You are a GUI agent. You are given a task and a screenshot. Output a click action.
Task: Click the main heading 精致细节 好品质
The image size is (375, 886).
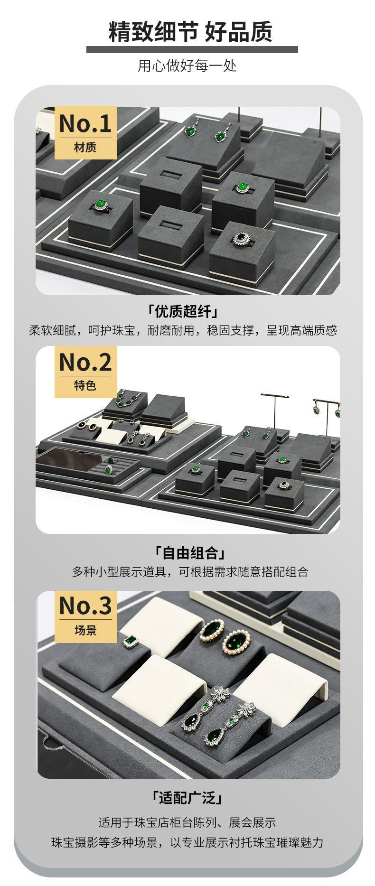pos(190,32)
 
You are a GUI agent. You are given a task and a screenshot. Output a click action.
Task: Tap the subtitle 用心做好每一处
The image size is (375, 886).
pos(187,65)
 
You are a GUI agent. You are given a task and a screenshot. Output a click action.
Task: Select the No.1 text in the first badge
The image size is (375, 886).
pos(85,123)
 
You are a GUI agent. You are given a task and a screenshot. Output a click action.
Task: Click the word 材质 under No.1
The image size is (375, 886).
pos(85,148)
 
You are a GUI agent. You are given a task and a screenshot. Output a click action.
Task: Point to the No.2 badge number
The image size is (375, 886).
pos(85,362)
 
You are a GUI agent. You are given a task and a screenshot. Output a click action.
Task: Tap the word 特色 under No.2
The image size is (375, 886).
pos(85,385)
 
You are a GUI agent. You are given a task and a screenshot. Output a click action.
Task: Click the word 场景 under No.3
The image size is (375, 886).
pos(85,630)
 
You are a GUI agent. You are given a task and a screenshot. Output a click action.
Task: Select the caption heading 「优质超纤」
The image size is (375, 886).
pos(183,311)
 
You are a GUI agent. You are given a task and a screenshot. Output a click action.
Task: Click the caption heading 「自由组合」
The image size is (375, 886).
pos(190,553)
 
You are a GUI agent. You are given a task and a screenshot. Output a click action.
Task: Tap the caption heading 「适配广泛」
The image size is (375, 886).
pos(187,798)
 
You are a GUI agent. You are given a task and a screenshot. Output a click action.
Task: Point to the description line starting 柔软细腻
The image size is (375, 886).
pos(183,330)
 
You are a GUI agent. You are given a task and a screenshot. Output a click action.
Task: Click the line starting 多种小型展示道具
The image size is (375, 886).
pos(190,572)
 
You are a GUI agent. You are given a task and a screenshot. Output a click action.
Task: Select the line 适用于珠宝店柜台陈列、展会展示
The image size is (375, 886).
pos(187,822)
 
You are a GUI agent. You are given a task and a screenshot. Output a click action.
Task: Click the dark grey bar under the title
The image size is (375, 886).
pos(192,49)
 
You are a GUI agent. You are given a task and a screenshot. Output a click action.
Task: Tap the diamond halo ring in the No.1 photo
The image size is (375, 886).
pos(241,238)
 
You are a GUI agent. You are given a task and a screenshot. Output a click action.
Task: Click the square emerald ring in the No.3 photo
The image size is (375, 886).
pos(131,642)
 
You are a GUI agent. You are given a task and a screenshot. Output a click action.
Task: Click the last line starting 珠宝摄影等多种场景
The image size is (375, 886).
pos(187,842)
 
